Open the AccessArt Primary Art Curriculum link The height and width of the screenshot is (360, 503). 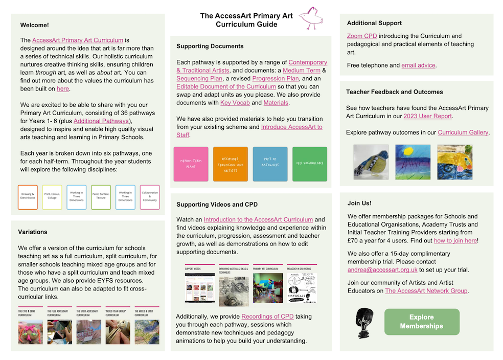click(x=78, y=40)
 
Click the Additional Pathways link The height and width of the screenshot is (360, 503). click(x=101, y=121)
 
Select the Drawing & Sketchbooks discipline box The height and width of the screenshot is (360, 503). click(x=28, y=197)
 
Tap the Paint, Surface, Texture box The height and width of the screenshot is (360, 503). click(x=101, y=197)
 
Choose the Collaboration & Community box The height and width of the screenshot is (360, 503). click(x=150, y=197)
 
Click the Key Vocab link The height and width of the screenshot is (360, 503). click(x=234, y=103)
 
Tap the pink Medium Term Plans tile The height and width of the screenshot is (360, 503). click(x=191, y=164)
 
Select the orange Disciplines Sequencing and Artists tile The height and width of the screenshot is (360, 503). click(x=231, y=164)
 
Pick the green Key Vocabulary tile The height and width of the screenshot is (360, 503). click(x=310, y=164)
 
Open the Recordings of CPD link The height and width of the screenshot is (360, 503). click(x=267, y=317)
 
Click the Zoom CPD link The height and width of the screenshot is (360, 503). click(x=362, y=36)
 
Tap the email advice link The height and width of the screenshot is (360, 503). click(x=418, y=65)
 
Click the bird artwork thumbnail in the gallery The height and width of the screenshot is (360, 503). click(x=371, y=162)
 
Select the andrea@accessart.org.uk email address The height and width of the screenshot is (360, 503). click(x=382, y=269)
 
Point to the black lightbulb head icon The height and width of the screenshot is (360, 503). click(x=364, y=322)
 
